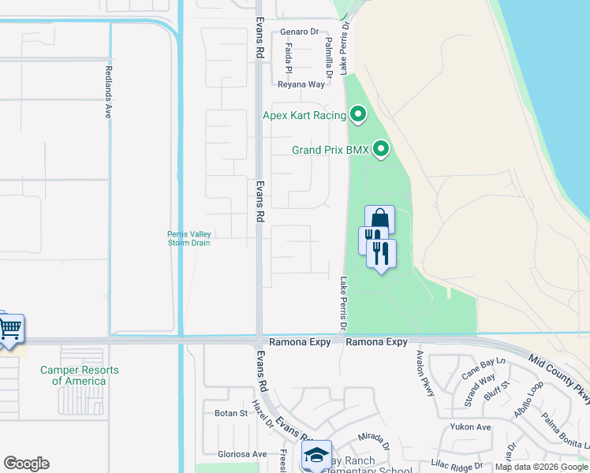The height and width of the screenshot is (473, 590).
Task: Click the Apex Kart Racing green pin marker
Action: tap(358, 115)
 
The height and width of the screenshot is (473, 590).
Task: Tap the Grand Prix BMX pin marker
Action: tap(382, 148)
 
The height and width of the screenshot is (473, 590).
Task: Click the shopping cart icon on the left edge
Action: tap(9, 328)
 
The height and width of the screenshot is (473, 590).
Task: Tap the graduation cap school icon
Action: tap(316, 455)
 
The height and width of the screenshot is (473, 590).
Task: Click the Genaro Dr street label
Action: tap(299, 32)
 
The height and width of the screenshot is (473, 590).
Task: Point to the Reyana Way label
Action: tap(301, 84)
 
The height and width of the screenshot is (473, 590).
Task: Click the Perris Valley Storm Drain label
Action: tap(189, 238)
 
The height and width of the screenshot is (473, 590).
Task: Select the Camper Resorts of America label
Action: tap(79, 375)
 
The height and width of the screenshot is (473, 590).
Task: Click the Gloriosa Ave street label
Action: tap(241, 454)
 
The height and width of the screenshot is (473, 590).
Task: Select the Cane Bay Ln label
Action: tap(482, 369)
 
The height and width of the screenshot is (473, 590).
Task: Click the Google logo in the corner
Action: tap(27, 464)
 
